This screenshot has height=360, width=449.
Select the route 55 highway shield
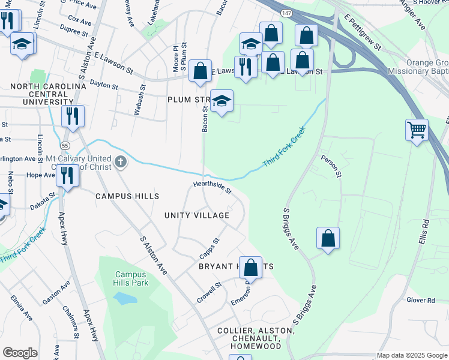point(64,145)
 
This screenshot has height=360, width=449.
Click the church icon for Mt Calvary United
point(121,161)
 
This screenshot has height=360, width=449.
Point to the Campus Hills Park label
point(131,279)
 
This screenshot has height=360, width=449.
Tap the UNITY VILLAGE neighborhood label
point(197,215)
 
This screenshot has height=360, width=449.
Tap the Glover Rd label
point(420,300)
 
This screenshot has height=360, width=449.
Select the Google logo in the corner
point(20,353)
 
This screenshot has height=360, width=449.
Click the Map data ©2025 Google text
point(412,355)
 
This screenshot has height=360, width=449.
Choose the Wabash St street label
point(143,96)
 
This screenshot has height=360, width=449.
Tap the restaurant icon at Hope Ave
point(67,176)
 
